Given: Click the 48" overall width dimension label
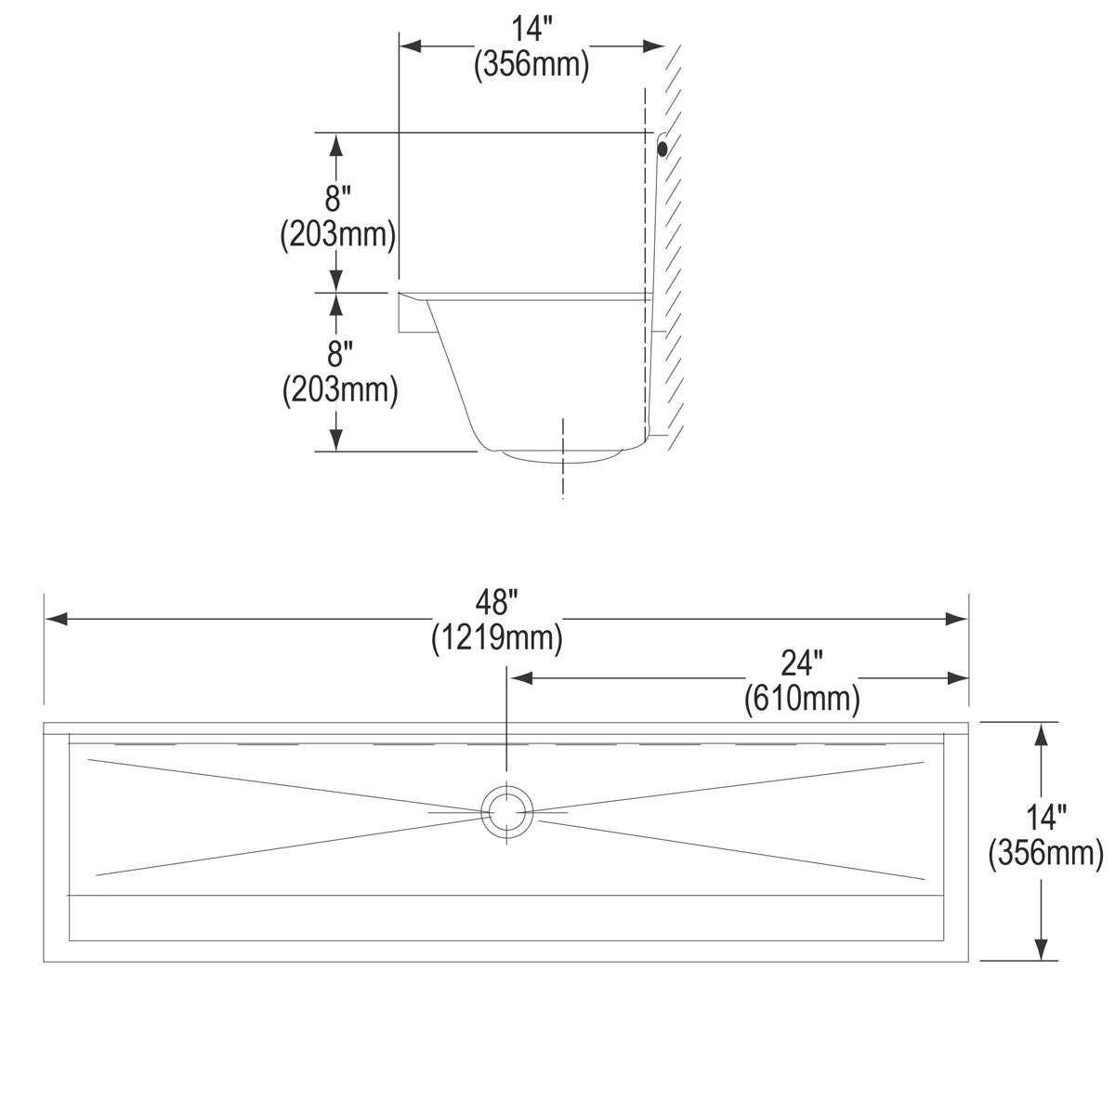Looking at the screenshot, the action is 496,603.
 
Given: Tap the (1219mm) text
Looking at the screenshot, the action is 496,638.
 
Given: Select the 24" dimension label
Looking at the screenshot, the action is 802,663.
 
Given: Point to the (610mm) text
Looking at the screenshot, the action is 802,699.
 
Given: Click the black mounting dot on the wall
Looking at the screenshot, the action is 662,149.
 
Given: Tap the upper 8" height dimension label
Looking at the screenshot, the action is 337,199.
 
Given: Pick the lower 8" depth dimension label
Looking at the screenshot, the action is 340,354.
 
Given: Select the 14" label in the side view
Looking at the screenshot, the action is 531,29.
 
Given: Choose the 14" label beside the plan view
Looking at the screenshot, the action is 1046,818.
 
